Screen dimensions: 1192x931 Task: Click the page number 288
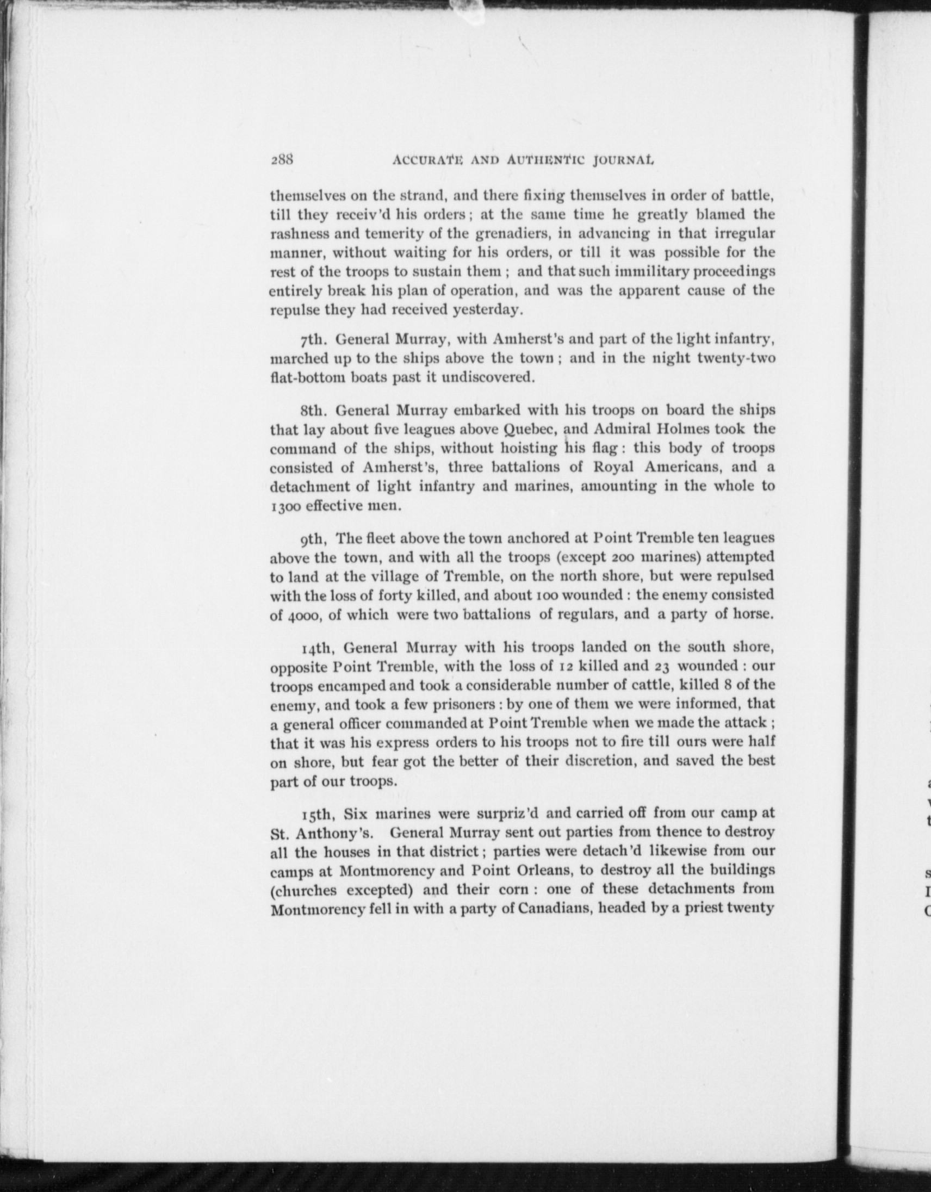coord(282,160)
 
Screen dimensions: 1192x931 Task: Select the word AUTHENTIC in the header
coord(548,160)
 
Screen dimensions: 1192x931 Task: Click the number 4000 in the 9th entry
coord(299,614)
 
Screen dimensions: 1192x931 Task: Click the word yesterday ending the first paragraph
coord(488,310)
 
